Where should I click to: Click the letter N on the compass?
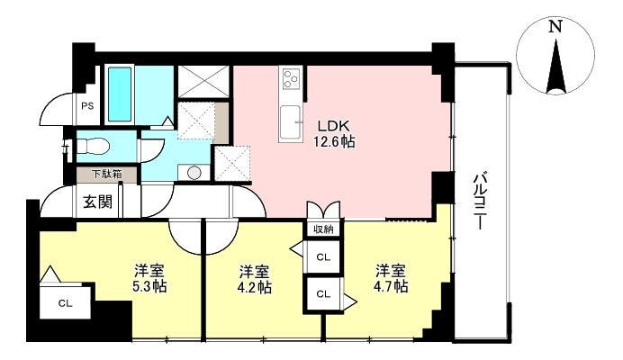[555, 27]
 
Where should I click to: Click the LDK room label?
[333, 126]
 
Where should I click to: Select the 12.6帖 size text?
[334, 142]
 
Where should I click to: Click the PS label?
[87, 106]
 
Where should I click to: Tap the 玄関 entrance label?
[98, 202]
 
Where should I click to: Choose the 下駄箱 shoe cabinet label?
[107, 174]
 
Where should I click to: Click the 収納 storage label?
[323, 229]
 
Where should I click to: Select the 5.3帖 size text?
[149, 286]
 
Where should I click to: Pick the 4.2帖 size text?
[255, 286]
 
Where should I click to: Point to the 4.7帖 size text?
[392, 286]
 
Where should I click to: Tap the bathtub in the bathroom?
[120, 94]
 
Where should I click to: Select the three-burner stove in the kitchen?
[291, 78]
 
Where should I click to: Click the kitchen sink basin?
[291, 123]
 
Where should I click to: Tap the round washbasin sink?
[194, 173]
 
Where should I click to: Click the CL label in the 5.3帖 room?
[65, 304]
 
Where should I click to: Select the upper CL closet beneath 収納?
[323, 257]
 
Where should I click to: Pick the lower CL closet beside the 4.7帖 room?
[323, 294]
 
